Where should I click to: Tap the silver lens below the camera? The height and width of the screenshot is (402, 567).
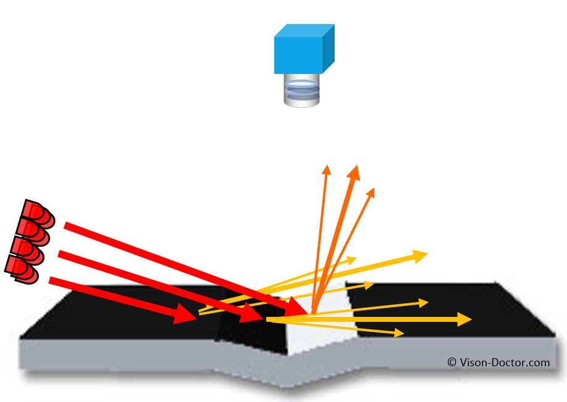click(x=303, y=91)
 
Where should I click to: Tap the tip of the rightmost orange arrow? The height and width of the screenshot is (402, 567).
click(x=372, y=192)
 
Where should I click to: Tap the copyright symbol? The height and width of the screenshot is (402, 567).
click(x=452, y=363)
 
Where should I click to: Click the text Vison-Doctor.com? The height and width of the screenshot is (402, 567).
click(x=504, y=363)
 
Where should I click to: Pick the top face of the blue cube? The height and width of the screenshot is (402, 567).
click(x=305, y=30)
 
